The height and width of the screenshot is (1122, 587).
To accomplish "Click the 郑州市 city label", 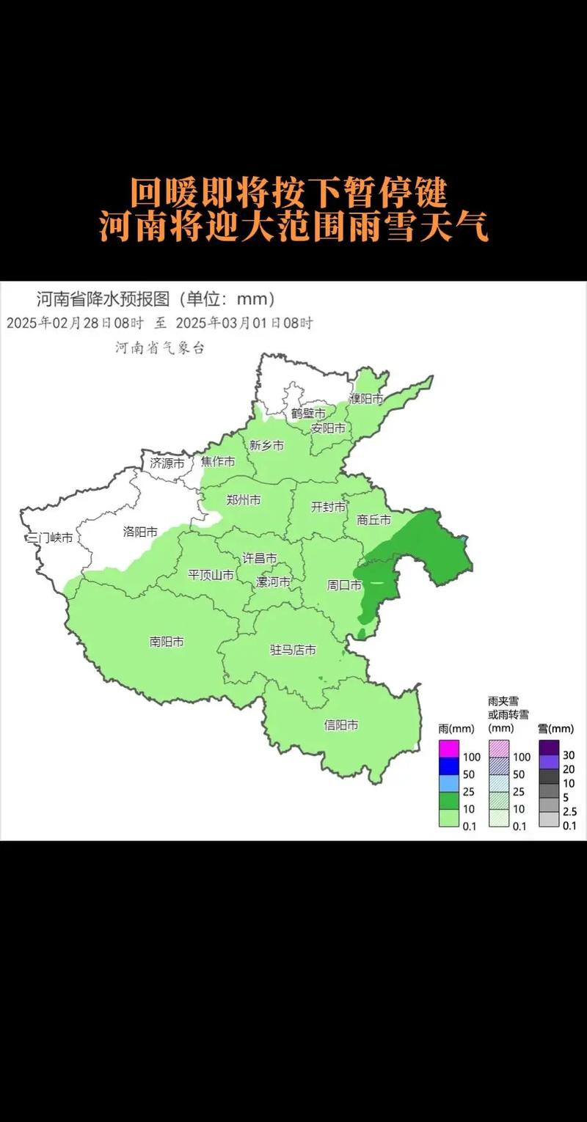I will click(244, 500).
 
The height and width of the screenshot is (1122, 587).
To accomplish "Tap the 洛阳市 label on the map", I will click(140, 532).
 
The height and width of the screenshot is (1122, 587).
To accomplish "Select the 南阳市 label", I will click(167, 641).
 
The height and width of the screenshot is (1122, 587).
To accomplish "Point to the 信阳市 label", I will click(341, 725).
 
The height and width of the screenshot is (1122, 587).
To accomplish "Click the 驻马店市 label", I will click(293, 650).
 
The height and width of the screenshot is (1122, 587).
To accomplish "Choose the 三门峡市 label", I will click(49, 538).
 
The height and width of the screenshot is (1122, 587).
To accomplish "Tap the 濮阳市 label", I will click(366, 399).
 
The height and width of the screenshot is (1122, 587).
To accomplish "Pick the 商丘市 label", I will click(374, 519).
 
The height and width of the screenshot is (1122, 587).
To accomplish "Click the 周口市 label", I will click(344, 585).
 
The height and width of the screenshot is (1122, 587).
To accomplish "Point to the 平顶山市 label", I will click(211, 575).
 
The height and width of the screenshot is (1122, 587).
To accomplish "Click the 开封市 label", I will click(329, 507).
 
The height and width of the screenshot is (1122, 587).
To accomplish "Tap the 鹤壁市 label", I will click(308, 414).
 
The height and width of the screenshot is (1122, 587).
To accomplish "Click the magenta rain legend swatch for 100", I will click(448, 749).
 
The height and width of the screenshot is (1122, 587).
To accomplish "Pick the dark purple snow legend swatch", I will click(550, 747).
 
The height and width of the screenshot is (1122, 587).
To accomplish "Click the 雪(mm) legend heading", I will click(555, 728).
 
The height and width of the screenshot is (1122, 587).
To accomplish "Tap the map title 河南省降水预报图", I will click(103, 299).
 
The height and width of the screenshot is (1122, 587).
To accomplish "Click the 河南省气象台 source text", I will click(160, 348).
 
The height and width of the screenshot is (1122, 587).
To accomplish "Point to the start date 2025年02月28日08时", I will click(76, 323).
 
